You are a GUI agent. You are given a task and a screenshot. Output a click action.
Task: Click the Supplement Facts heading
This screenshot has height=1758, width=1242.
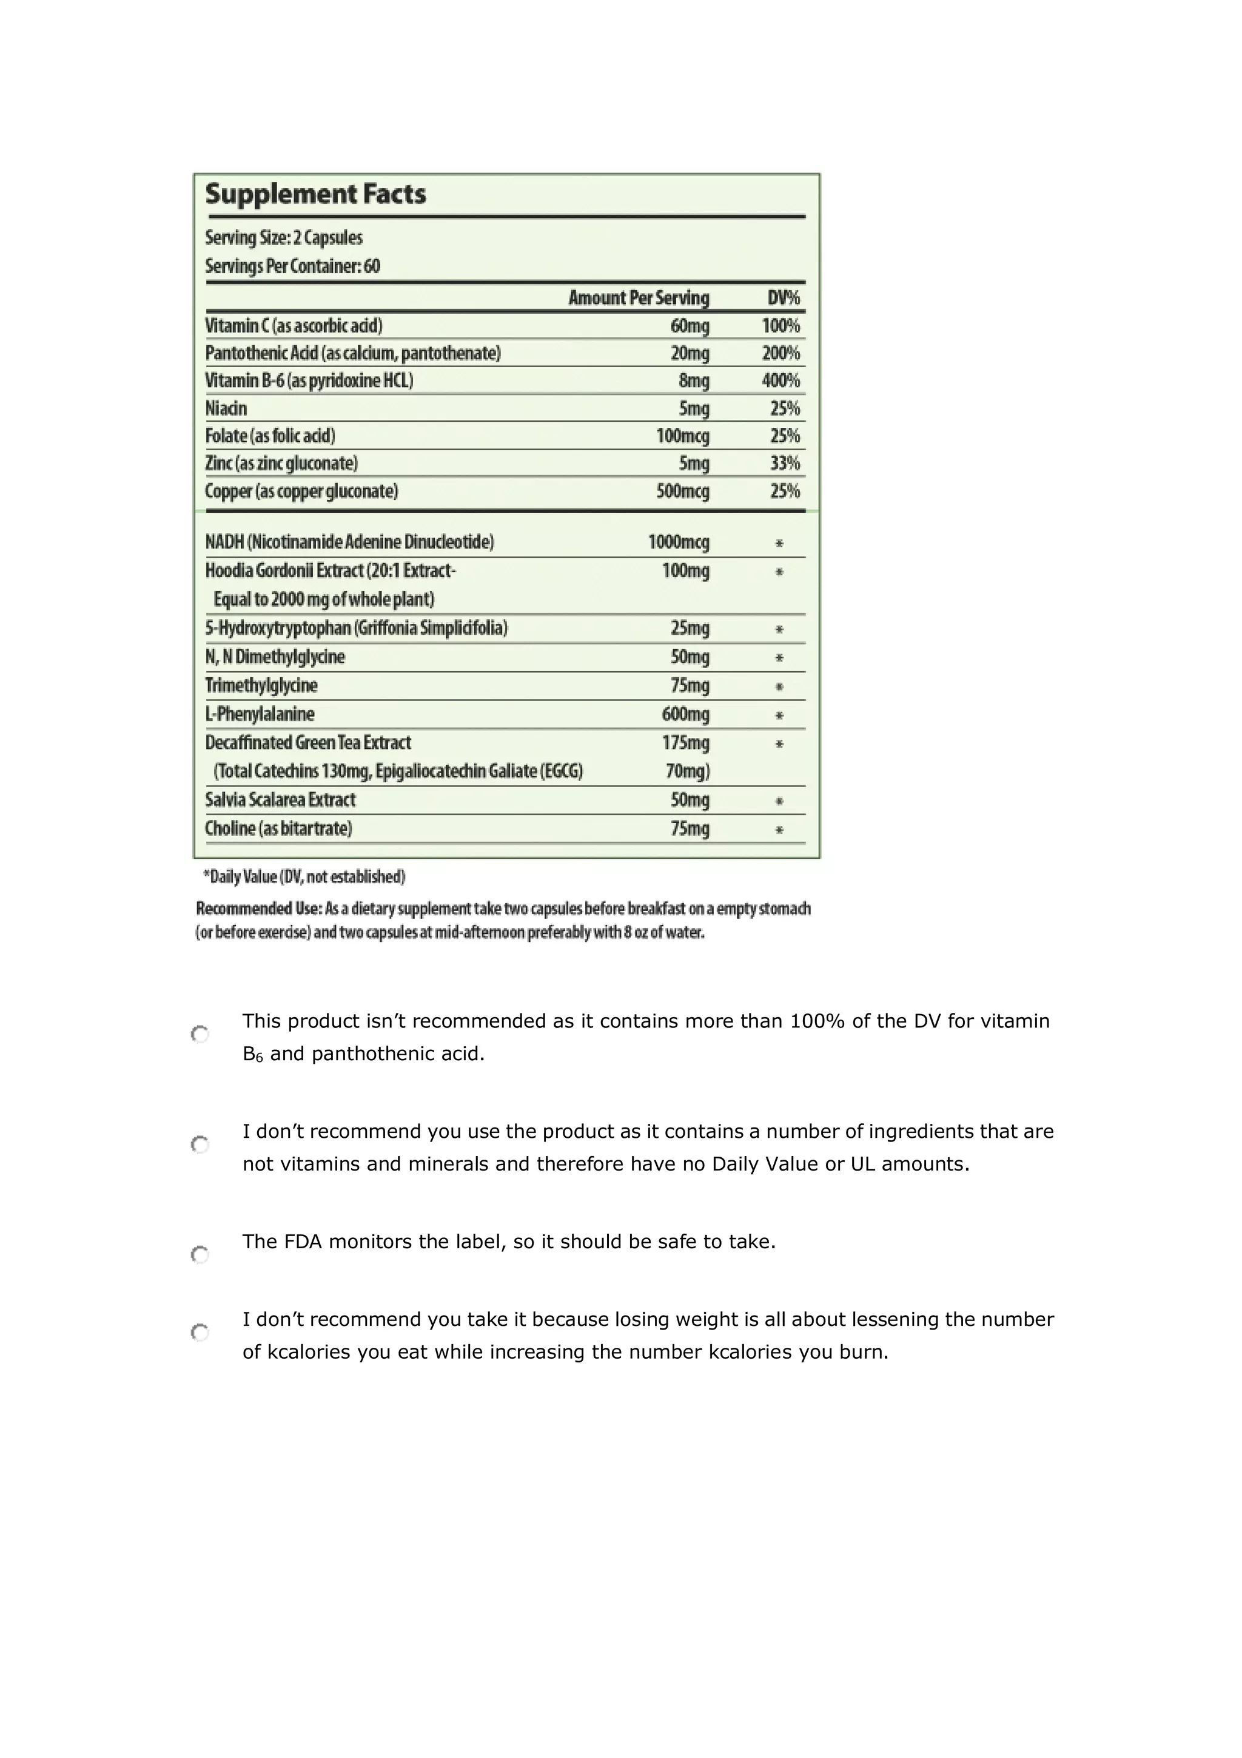click(315, 194)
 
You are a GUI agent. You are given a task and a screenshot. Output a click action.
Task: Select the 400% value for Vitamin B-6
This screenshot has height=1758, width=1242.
click(780, 380)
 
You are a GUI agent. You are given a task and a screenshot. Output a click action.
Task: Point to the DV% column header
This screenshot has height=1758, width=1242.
click(783, 298)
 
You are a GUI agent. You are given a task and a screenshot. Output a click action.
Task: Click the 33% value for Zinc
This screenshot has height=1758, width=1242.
click(784, 463)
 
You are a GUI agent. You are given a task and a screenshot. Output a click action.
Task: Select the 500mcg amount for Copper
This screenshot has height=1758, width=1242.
click(683, 491)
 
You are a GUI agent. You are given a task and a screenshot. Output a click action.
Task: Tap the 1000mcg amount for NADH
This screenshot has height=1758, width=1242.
click(678, 542)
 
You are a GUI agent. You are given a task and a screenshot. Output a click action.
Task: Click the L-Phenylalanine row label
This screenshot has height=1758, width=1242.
click(260, 714)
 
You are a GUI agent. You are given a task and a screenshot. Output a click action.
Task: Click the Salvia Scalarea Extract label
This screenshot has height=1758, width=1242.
click(280, 800)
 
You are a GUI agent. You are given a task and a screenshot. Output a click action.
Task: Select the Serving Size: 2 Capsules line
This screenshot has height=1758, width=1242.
click(284, 237)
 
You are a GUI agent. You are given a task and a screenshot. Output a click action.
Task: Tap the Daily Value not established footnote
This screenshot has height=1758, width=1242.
click(304, 877)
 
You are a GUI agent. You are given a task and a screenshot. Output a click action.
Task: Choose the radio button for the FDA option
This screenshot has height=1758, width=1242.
click(200, 1255)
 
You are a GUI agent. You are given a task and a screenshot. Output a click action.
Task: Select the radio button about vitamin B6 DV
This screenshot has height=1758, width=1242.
click(200, 1035)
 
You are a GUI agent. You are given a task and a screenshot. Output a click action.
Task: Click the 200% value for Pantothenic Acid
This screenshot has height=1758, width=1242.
click(780, 353)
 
